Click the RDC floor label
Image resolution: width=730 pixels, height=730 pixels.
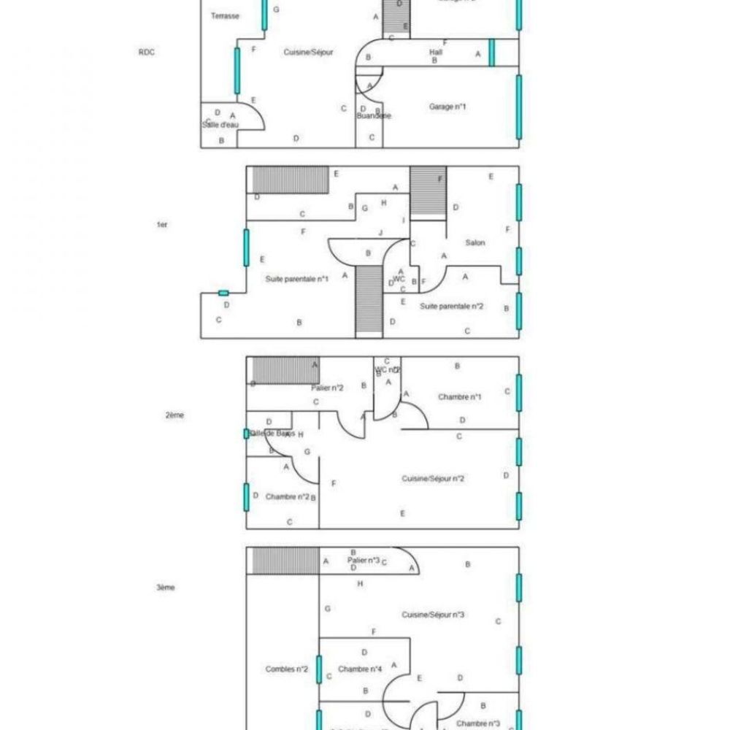click(x=146, y=52)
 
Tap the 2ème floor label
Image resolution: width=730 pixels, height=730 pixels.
click(x=174, y=415)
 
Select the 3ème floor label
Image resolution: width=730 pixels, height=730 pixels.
click(x=166, y=587)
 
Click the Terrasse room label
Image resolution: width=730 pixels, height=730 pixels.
click(x=225, y=15)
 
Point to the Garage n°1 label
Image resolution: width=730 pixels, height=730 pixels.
click(x=447, y=107)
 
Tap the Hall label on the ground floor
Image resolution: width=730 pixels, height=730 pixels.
click(x=436, y=52)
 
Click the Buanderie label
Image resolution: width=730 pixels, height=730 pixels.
click(x=374, y=116)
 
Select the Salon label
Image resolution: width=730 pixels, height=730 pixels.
click(x=475, y=242)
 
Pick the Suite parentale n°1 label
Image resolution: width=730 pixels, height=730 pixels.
click(x=297, y=278)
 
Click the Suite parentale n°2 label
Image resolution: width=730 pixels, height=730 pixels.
click(x=452, y=307)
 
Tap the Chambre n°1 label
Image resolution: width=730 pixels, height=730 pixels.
click(x=460, y=396)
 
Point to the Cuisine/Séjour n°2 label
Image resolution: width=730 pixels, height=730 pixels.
click(x=434, y=479)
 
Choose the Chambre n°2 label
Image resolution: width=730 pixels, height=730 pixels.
click(x=287, y=496)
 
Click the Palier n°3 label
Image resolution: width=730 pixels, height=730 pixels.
click(x=363, y=559)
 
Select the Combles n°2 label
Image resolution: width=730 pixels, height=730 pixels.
click(x=286, y=669)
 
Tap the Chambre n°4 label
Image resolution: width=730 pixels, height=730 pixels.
click(x=361, y=669)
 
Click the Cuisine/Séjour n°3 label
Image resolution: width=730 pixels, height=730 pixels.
click(x=434, y=615)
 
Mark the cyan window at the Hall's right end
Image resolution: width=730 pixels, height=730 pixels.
click(x=492, y=52)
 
